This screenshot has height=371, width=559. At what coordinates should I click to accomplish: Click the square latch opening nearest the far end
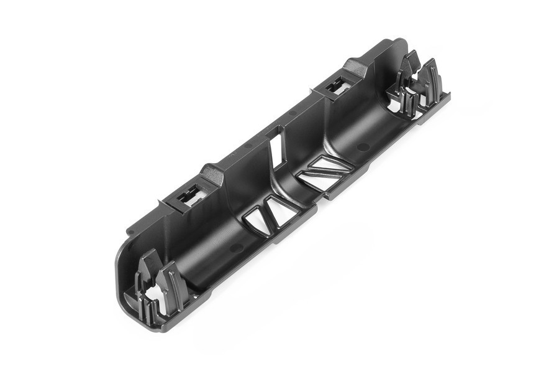pos(339,88)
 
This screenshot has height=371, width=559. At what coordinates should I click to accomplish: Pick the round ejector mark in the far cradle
pos(363,147)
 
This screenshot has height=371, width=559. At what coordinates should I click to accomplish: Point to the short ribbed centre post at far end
pos(407,100)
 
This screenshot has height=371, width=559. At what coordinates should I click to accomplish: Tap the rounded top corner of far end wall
pos(398,45)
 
